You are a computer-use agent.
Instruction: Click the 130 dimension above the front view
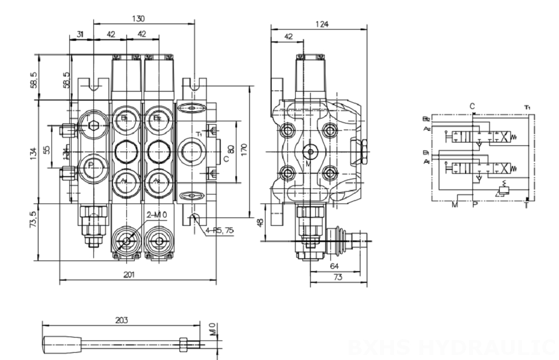click(138, 18)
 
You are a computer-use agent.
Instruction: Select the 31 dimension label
click(80, 35)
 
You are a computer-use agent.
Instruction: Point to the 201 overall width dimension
click(129, 274)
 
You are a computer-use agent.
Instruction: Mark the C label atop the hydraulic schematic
click(472, 106)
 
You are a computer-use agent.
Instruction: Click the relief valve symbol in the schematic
click(503, 190)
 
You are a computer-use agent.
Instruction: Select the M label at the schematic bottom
click(454, 204)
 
